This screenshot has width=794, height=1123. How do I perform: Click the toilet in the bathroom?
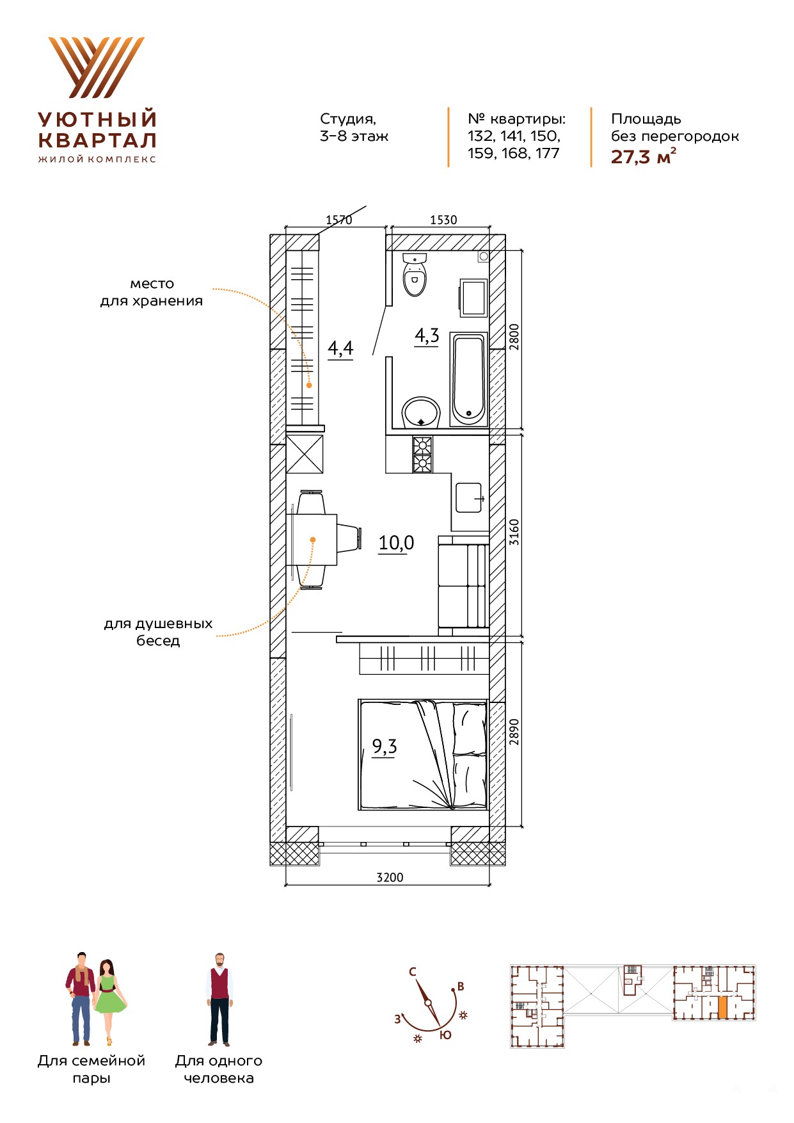pos(415,275)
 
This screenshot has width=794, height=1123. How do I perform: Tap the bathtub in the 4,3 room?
pos(469,379)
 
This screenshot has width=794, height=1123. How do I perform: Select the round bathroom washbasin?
pos(421,412)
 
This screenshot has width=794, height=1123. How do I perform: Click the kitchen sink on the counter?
pos(469,497)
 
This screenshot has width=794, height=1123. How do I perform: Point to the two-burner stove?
pos(422,455)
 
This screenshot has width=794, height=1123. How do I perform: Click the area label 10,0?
pos(396,544)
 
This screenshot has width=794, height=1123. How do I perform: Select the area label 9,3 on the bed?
pos(385,747)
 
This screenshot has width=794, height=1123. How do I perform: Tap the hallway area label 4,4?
pos(340,349)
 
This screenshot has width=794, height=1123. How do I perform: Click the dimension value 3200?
pos(390,877)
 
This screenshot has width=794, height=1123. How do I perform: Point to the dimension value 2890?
pos(514,732)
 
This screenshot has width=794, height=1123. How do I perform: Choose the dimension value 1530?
pos(443,220)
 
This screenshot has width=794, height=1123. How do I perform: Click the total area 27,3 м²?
pos(643,156)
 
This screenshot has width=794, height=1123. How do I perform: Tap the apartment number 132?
pos(480,136)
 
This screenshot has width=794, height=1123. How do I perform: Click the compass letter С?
pos(413,972)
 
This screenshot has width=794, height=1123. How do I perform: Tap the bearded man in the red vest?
pos(219,999)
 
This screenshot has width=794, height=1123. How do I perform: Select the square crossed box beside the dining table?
pos(305,454)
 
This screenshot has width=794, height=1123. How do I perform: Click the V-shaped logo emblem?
pos(97,67)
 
